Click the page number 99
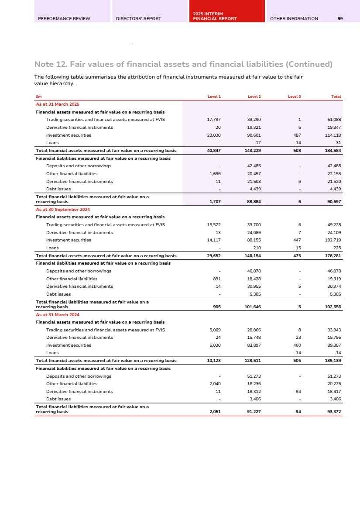pyautogui.click(x=340, y=19)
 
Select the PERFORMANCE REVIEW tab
pyautogui.click(x=64, y=19)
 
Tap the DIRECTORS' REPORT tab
pyautogui.click(x=138, y=19)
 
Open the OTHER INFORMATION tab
pyautogui.click(x=294, y=19)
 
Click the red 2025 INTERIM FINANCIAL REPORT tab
pyautogui.click(x=215, y=17)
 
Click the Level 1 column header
pyautogui.click(x=214, y=96)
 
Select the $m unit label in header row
pyautogui.click(x=38, y=96)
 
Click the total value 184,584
pyautogui.click(x=333, y=151)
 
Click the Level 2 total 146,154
pyautogui.click(x=252, y=256)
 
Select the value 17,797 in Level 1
pyautogui.click(x=214, y=120)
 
